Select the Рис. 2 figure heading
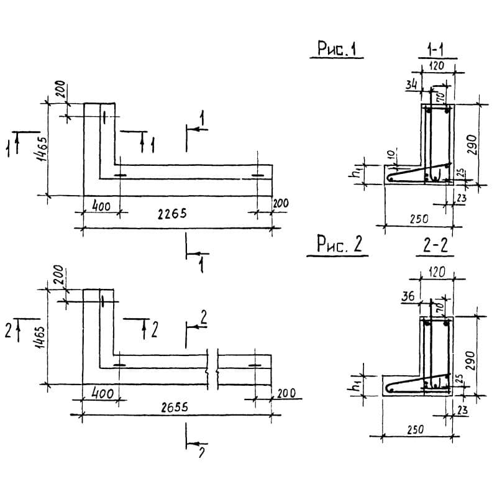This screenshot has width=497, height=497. coord(339,246)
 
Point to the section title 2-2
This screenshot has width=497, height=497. coord(434,246)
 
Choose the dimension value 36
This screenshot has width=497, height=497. coord(408,297)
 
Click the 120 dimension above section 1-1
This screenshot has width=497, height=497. coord(437,65)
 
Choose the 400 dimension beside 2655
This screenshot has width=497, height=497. coord(102,394)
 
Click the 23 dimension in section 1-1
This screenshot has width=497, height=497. coord(460,198)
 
